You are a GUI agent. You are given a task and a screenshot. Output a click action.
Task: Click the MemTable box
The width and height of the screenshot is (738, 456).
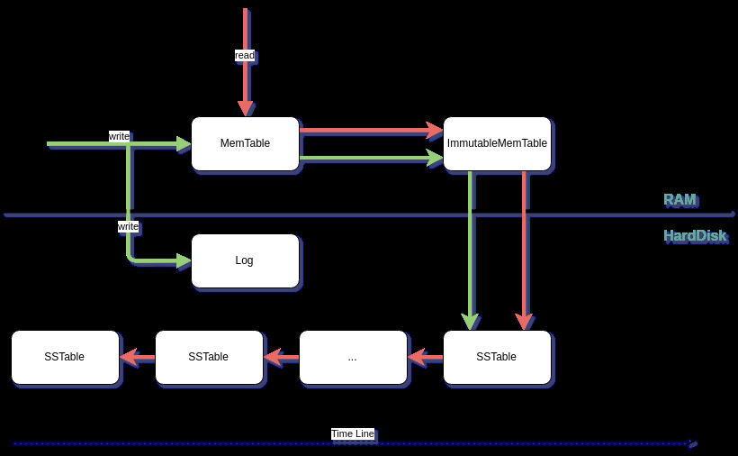click(245, 143)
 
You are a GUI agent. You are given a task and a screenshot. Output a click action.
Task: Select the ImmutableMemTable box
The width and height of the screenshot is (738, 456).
click(497, 143)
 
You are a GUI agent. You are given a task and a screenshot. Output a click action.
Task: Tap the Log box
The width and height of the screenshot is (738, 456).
click(245, 260)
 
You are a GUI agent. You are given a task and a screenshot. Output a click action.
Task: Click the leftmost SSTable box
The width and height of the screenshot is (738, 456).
click(65, 357)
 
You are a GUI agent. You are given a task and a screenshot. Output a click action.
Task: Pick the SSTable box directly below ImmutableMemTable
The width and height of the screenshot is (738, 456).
click(497, 357)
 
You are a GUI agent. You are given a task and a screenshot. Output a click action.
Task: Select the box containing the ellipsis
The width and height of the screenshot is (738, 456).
click(353, 357)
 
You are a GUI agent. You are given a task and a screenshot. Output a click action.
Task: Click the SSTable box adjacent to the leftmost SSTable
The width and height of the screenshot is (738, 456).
click(209, 357)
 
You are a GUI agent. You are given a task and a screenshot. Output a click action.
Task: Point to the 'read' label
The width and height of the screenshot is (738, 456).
click(245, 55)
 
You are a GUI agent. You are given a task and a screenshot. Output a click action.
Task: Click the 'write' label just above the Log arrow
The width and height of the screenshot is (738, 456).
click(128, 226)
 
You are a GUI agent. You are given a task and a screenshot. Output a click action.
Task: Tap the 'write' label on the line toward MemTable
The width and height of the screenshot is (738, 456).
click(119, 136)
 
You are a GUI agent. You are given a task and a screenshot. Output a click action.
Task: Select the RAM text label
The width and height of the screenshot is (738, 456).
click(679, 199)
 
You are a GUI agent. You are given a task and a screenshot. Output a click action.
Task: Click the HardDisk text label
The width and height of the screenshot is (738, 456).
click(694, 235)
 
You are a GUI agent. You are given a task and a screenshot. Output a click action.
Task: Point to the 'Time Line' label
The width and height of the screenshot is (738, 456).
click(352, 433)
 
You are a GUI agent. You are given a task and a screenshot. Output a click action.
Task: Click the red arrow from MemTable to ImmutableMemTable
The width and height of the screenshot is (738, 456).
click(369, 131)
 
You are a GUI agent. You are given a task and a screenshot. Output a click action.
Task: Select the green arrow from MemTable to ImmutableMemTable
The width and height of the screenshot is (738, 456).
click(369, 158)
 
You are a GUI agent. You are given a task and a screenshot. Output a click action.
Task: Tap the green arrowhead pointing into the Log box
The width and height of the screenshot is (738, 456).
click(184, 260)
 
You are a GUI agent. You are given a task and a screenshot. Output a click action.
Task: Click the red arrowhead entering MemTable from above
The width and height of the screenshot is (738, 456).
click(245, 108)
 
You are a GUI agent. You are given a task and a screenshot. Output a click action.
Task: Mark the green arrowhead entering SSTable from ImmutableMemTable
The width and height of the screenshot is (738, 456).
click(470, 322)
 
